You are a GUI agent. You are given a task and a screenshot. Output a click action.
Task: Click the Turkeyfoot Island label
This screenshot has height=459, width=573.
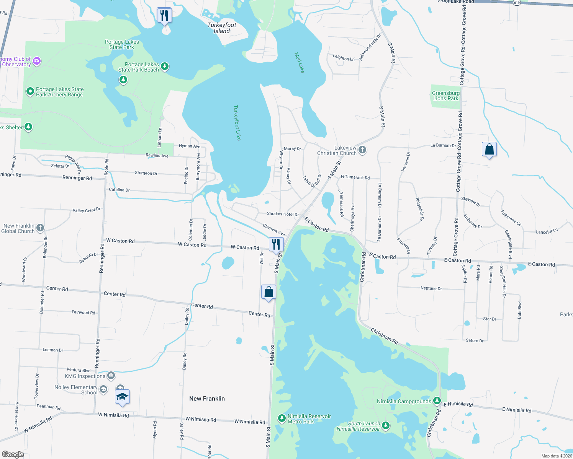tap(222, 28)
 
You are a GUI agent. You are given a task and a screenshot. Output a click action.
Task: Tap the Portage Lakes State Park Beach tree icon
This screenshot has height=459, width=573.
tap(165, 66)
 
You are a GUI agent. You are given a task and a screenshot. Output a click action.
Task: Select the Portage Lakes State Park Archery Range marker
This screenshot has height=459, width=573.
tap(30, 91)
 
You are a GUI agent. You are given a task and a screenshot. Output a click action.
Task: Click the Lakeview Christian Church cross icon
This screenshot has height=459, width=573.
tap(362, 150)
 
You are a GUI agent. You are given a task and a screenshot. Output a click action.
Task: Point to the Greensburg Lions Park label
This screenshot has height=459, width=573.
tap(445, 96)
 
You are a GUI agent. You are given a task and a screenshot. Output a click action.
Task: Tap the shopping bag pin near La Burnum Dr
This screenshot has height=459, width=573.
tap(489, 149)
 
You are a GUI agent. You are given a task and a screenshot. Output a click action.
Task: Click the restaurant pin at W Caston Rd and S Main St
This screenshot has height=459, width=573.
tap(276, 244)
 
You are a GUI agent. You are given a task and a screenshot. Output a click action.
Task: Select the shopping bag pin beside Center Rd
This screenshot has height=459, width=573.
tap(269, 292)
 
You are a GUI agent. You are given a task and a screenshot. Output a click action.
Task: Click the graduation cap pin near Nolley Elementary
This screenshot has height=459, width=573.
tap(122, 397)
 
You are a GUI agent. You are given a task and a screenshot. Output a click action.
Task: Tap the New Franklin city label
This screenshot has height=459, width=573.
tap(207, 399)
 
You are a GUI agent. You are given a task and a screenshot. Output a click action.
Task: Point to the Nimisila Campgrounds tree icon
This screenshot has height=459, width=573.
tap(437, 401)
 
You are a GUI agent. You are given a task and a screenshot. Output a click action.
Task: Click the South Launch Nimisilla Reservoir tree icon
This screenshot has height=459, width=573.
tap(386, 425)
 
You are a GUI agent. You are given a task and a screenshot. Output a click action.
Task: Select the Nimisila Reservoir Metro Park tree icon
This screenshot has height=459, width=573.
tap(282, 418)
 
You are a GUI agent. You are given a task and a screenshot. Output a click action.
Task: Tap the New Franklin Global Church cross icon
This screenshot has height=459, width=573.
tap(40, 228)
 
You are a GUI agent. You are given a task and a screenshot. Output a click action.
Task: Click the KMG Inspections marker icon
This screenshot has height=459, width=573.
tap(111, 376)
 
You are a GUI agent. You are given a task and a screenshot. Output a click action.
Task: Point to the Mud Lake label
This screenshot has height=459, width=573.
tap(299, 63)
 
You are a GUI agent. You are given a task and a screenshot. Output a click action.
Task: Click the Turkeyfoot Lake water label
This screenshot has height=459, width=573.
tap(237, 122)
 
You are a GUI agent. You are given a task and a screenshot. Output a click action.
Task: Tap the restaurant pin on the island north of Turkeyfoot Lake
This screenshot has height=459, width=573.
tap(164, 16)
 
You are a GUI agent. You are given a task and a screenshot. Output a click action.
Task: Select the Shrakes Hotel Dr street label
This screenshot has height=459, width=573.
tap(283, 214)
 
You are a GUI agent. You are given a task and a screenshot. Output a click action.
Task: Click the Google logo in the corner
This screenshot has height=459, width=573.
tap(13, 454)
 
